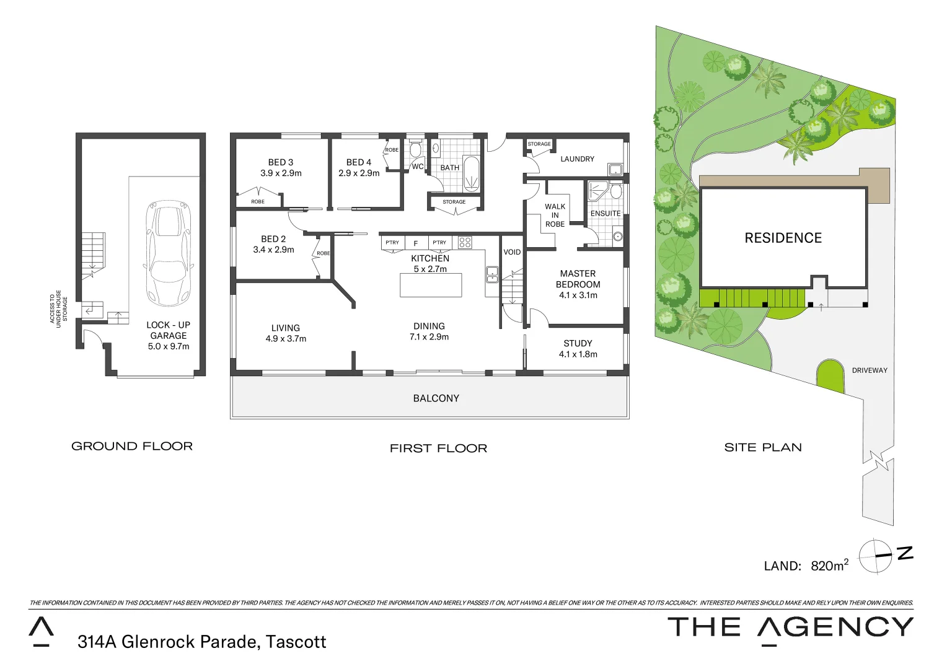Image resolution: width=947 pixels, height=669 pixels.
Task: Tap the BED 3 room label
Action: click(281, 162)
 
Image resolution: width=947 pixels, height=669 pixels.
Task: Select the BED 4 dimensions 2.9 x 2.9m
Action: click(359, 173)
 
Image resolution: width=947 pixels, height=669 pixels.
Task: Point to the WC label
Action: click(418, 167)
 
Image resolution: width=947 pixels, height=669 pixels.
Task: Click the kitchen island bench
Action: click(431, 285)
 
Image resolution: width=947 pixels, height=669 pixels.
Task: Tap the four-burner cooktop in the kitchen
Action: click(465, 242)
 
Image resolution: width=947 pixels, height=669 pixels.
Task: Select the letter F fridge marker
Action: click(416, 243)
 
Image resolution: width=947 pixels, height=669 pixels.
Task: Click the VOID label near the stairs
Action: click(512, 252)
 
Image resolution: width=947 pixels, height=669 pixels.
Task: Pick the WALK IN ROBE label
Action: click(555, 215)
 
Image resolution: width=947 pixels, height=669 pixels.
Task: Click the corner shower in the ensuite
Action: click(597, 190)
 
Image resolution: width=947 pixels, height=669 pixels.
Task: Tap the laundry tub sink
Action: click(615, 170)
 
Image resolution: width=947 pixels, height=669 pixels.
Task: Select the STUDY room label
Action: click(578, 343)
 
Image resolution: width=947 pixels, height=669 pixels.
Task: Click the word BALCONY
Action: click(436, 398)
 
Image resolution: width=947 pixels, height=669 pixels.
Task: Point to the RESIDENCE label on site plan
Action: click(783, 238)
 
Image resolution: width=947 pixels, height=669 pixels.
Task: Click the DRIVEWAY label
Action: click(870, 370)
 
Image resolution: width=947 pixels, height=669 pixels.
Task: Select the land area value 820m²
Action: click(829, 565)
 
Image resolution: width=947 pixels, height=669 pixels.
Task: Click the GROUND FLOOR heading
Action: click(132, 446)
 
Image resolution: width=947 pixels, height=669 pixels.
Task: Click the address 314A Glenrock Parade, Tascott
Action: click(201, 642)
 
